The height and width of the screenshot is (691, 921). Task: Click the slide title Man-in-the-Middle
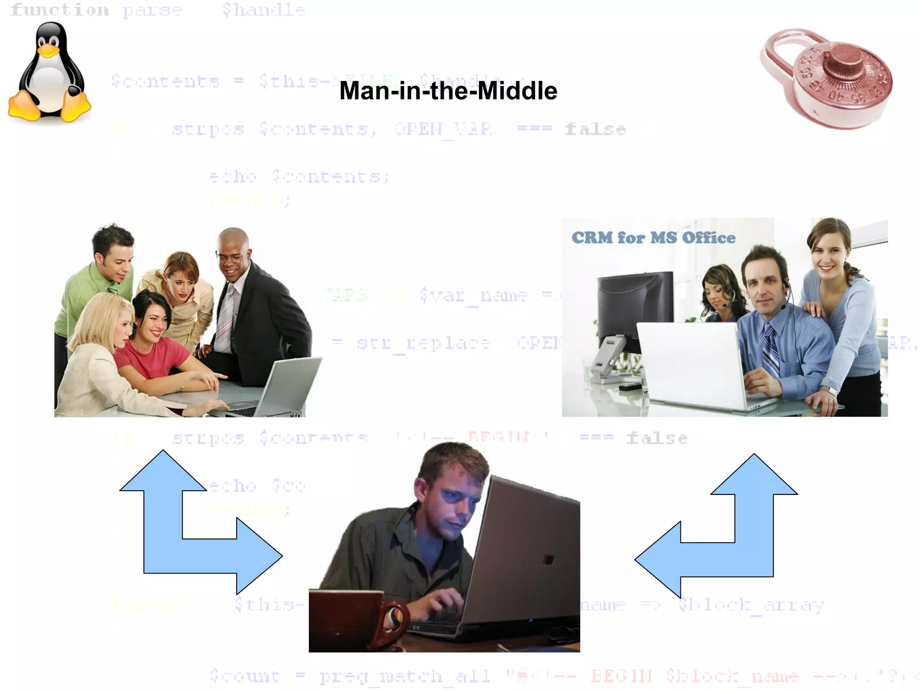[x=448, y=91]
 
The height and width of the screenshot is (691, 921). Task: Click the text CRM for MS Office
[x=653, y=238]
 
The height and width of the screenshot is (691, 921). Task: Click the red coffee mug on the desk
[x=355, y=623]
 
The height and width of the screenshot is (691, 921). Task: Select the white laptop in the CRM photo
[x=693, y=364]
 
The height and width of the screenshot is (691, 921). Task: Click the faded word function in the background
[x=59, y=10]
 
